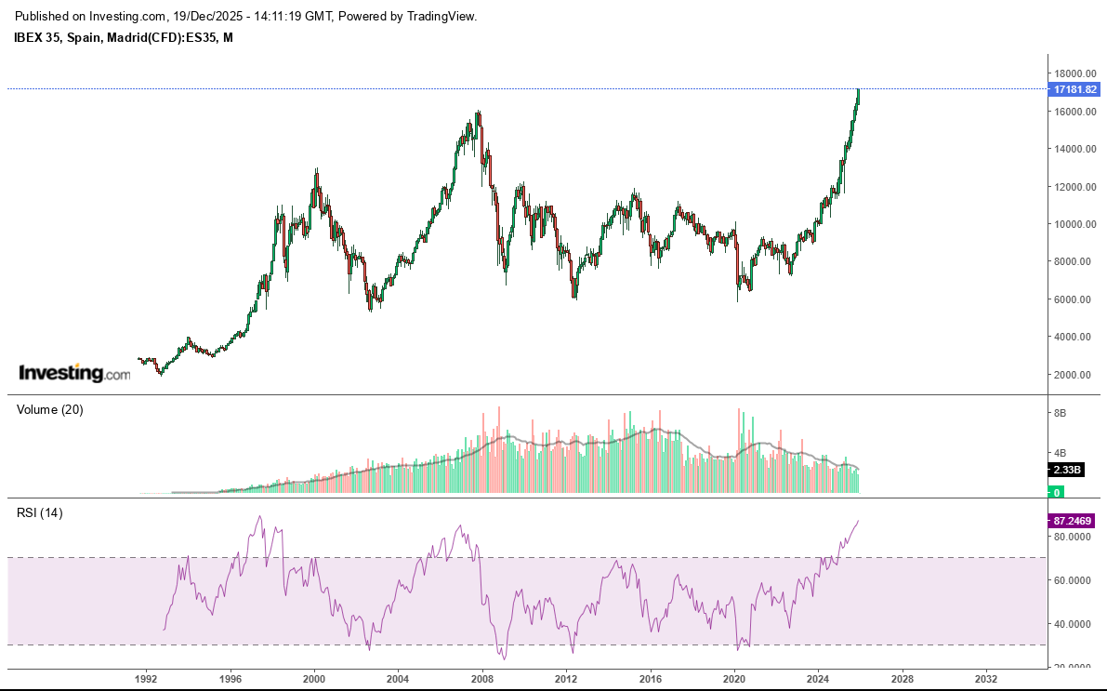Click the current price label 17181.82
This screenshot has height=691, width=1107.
(1074, 89)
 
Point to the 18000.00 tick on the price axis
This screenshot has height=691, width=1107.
(1073, 73)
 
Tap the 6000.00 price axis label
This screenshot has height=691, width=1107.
(1073, 299)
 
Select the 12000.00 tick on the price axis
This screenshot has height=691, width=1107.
(1073, 187)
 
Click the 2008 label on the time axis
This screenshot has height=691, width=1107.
(482, 680)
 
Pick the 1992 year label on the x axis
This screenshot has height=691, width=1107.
(146, 680)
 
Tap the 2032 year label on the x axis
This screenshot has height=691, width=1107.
(986, 680)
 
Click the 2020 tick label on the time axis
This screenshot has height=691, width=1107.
(734, 680)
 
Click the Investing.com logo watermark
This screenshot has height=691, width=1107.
(75, 374)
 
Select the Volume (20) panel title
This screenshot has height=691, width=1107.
(50, 410)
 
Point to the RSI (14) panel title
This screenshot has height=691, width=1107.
(40, 512)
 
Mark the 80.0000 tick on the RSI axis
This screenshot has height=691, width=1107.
(1073, 538)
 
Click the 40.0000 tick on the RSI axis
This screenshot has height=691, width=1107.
(1073, 624)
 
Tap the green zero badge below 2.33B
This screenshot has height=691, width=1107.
(1056, 492)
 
